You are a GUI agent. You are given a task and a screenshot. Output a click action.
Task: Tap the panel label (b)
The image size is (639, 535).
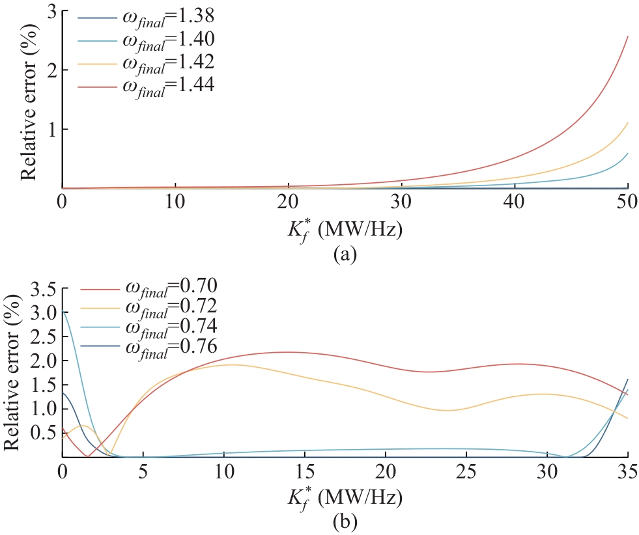coord(344,522)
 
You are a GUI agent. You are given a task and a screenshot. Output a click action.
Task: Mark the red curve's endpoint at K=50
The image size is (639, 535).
coord(627,36)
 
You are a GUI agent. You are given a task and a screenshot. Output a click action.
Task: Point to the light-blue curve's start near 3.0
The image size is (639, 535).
coord(63,312)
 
